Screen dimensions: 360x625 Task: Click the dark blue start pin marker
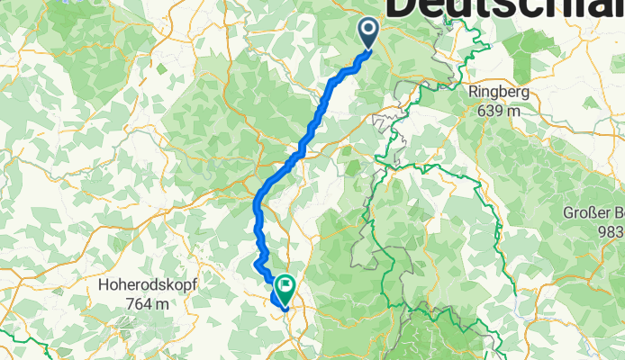pos(370,32)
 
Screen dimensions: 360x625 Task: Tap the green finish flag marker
pos(285,289)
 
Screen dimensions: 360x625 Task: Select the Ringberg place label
pos(497,92)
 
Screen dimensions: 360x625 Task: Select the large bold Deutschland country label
pos(504,9)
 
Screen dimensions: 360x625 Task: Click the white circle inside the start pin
pos(370,29)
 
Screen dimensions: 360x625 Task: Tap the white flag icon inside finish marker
pos(285,287)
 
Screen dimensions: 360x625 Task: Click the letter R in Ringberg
pos(474,92)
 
